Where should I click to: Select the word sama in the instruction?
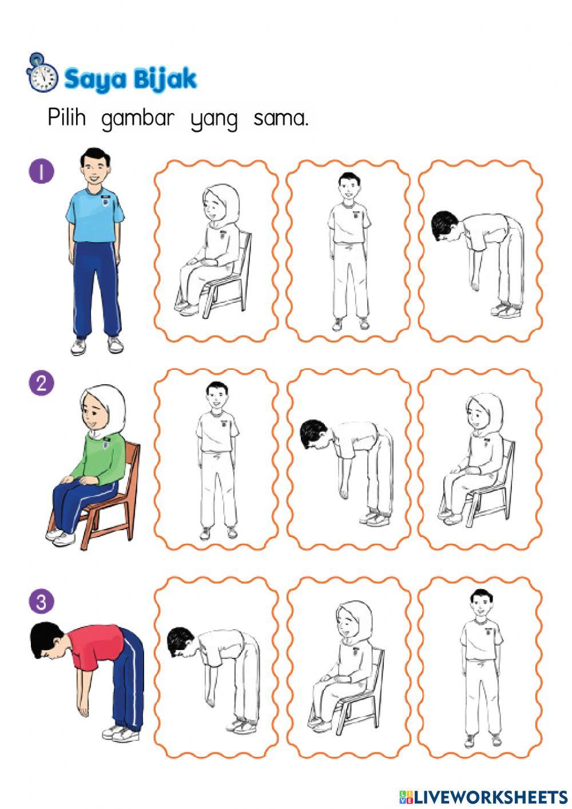tap(281, 119)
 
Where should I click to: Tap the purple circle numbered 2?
tap(41, 382)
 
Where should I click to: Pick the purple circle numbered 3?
tap(41, 602)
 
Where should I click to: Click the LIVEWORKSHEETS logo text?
tap(483, 796)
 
